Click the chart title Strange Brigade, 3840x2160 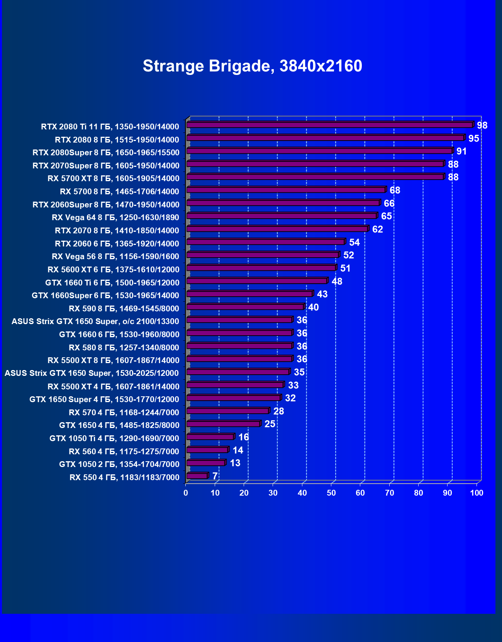tap(252, 66)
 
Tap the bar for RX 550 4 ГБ tap(197, 476)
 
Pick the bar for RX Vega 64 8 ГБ tap(282, 216)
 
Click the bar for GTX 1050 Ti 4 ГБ tap(210, 437)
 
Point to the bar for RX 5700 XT tap(315, 177)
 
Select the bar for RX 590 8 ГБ tap(245, 307)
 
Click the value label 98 tap(482, 126)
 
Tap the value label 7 tap(215, 476)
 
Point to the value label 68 tap(395, 190)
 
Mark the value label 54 tap(354, 243)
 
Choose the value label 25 tap(270, 424)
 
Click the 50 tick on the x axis tap(331, 493)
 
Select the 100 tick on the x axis tap(477, 493)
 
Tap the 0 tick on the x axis tap(186, 493)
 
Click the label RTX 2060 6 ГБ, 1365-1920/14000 tap(117, 244)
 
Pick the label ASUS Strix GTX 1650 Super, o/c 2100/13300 tap(95, 321)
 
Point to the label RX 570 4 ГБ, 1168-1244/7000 tap(124, 413)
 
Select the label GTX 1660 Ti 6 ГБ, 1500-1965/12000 tap(112, 283)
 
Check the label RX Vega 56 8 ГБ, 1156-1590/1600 tap(115, 257)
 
